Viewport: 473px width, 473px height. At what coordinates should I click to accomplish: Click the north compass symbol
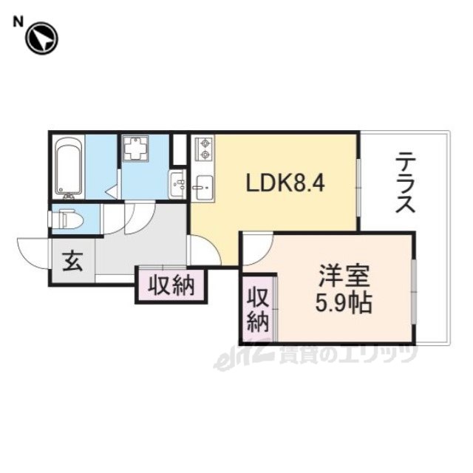(41, 38)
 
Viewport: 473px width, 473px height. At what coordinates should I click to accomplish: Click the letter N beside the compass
(18, 22)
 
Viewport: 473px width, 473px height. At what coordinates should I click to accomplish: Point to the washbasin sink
(177, 184)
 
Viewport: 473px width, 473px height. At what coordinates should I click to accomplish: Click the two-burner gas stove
(205, 149)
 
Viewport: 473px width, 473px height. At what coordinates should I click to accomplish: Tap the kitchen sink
(204, 188)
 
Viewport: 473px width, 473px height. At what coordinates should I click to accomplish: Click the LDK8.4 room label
(285, 184)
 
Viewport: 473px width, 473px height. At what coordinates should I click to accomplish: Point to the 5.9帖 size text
(344, 302)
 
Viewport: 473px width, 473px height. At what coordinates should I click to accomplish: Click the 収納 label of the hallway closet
(171, 286)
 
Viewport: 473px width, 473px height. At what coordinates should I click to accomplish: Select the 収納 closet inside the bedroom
(258, 309)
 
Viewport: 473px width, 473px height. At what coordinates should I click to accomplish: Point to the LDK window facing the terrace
(358, 188)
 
